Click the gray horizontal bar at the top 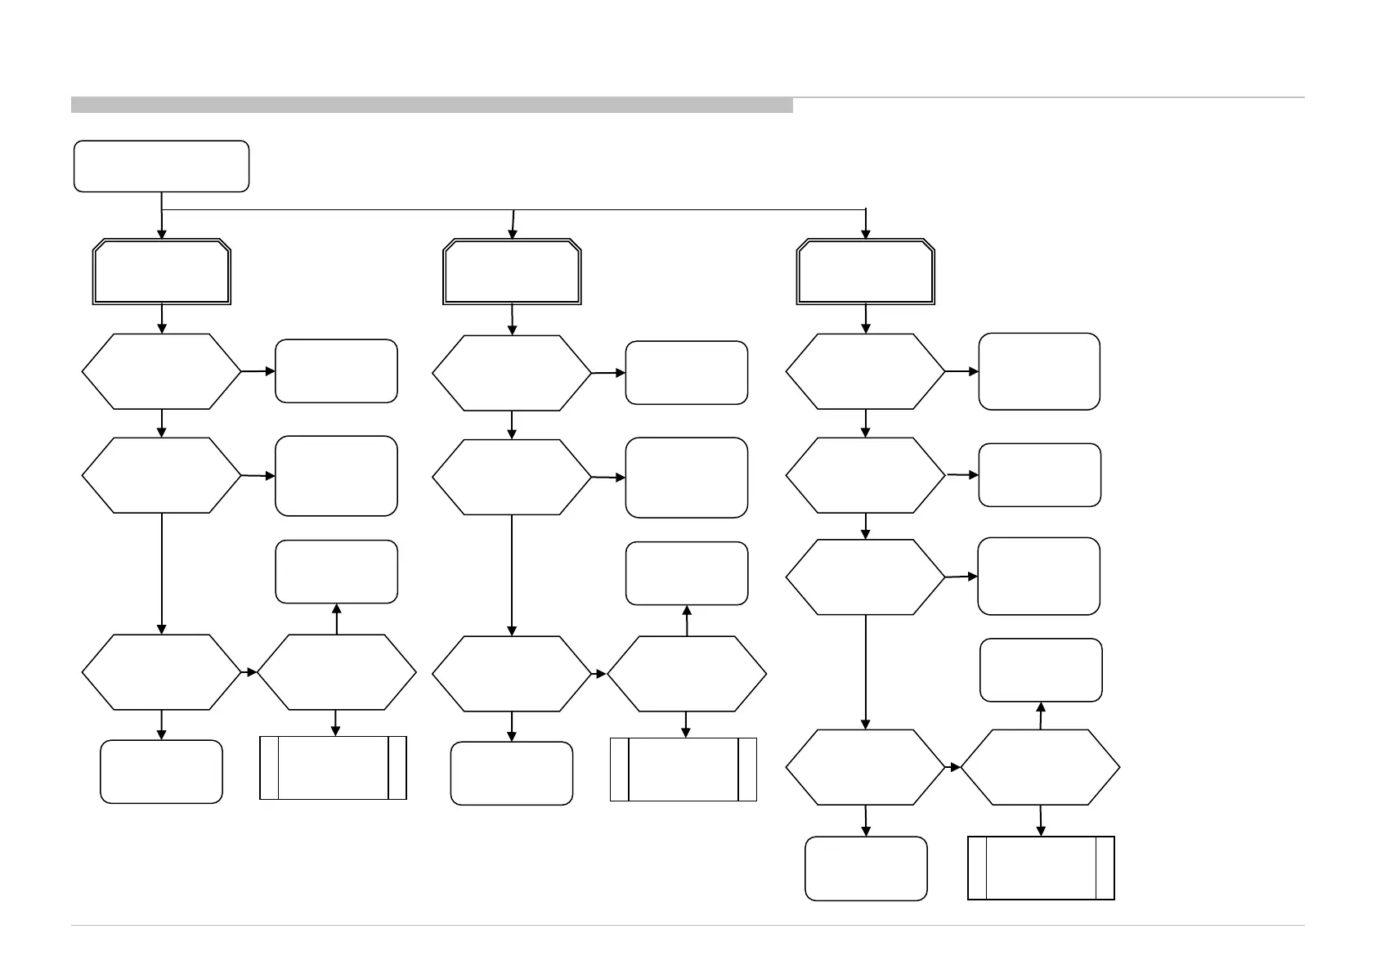(x=432, y=105)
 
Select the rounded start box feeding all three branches (x=161, y=166)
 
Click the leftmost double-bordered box (x=162, y=272)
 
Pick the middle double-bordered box (x=512, y=272)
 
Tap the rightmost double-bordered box (x=866, y=272)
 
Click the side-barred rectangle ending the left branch (x=333, y=767)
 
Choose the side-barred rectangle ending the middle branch (x=684, y=769)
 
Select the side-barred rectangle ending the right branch (x=1041, y=868)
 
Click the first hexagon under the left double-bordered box (x=162, y=371)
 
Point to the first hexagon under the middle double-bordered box (x=512, y=373)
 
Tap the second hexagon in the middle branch (x=512, y=477)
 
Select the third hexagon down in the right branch (x=866, y=577)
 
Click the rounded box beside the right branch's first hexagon (x=1039, y=371)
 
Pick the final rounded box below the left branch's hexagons (x=161, y=771)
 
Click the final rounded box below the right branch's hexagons (x=866, y=868)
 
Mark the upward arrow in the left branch (x=336, y=619)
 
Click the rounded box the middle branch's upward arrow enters (x=687, y=573)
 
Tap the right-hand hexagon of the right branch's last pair (x=1040, y=768)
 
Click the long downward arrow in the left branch (x=162, y=572)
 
